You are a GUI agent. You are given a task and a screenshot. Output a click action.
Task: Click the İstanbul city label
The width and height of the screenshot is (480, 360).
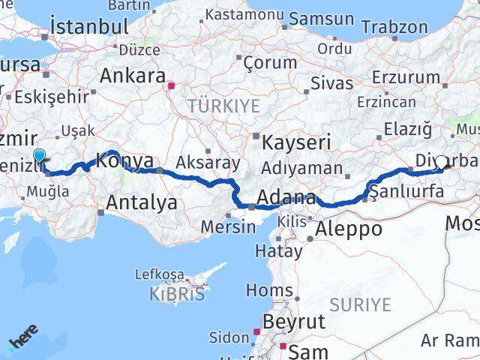pos(88,25)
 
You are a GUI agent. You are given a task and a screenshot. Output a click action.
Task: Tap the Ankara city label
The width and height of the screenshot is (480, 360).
pos(132,76)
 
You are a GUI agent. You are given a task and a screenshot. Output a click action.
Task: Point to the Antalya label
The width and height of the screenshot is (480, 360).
pos(142,202)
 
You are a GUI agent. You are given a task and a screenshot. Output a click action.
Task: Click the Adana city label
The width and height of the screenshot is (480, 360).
pos(286,199)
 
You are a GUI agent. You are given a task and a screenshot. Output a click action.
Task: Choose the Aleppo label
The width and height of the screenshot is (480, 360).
pos(349,229)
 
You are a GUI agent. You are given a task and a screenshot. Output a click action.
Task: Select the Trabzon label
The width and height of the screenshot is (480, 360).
pos(394,27)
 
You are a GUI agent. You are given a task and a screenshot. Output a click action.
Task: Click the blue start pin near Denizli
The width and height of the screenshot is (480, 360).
pos(40,156)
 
